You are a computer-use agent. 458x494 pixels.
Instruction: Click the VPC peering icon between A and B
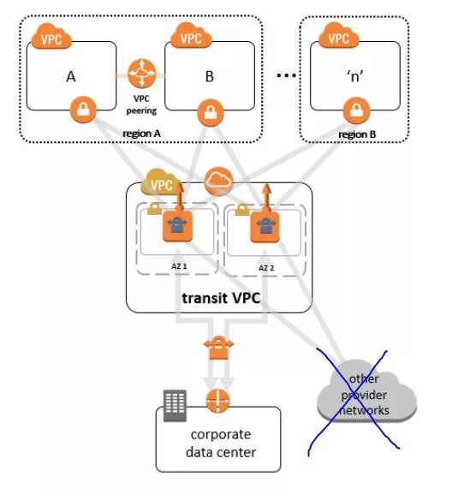click(142, 74)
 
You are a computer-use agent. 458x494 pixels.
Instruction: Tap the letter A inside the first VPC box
click(71, 76)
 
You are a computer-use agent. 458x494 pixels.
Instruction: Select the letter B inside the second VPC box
click(210, 76)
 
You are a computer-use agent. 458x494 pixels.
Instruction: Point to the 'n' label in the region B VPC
click(355, 76)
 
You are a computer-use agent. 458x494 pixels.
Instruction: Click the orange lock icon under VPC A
click(83, 110)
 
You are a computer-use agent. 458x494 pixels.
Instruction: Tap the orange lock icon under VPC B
click(211, 112)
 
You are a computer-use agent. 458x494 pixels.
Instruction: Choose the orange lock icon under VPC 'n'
click(356, 110)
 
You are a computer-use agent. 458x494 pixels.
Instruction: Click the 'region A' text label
click(142, 134)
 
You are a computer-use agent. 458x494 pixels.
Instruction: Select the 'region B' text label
click(357, 134)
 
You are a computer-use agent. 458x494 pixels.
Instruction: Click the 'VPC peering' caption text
click(141, 104)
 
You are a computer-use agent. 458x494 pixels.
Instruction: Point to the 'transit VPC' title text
click(221, 298)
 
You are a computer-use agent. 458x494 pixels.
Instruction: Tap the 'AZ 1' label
click(179, 266)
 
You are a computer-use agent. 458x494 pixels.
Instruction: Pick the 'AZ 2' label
click(266, 268)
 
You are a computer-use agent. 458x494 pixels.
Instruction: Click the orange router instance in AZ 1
click(178, 226)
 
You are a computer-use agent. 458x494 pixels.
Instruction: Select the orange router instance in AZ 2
click(265, 227)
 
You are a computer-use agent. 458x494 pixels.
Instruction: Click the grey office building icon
click(175, 406)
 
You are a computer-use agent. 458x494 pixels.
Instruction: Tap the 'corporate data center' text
click(221, 443)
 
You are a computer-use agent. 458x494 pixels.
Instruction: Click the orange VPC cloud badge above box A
click(51, 37)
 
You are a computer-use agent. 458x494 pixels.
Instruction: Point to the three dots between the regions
click(286, 75)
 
